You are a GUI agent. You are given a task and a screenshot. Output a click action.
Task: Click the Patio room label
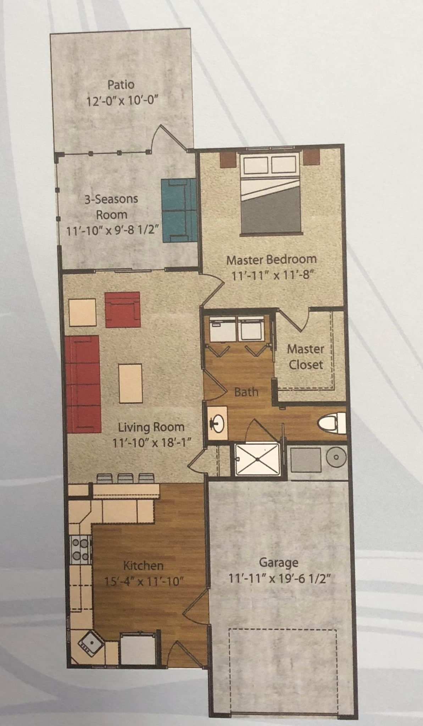pyautogui.click(x=121, y=85)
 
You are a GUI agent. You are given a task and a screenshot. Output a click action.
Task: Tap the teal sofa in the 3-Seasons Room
pyautogui.click(x=179, y=210)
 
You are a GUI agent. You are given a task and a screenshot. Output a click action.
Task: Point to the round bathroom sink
pyautogui.click(x=217, y=423)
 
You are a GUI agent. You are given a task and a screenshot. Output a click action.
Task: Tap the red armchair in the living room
pyautogui.click(x=122, y=309)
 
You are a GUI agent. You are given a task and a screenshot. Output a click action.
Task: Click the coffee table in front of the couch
pyautogui.click(x=130, y=383)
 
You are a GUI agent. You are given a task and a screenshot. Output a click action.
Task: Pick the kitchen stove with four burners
pyautogui.click(x=80, y=549)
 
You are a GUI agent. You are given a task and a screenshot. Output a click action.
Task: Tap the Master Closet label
pyautogui.click(x=305, y=357)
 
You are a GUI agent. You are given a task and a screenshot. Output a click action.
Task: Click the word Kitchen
pyautogui.click(x=143, y=565)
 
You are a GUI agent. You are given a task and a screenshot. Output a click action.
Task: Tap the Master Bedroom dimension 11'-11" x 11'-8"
pyautogui.click(x=273, y=275)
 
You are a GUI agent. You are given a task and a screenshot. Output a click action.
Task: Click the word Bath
pyautogui.click(x=246, y=392)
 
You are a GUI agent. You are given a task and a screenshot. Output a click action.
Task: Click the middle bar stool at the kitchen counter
pyautogui.click(x=124, y=479)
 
